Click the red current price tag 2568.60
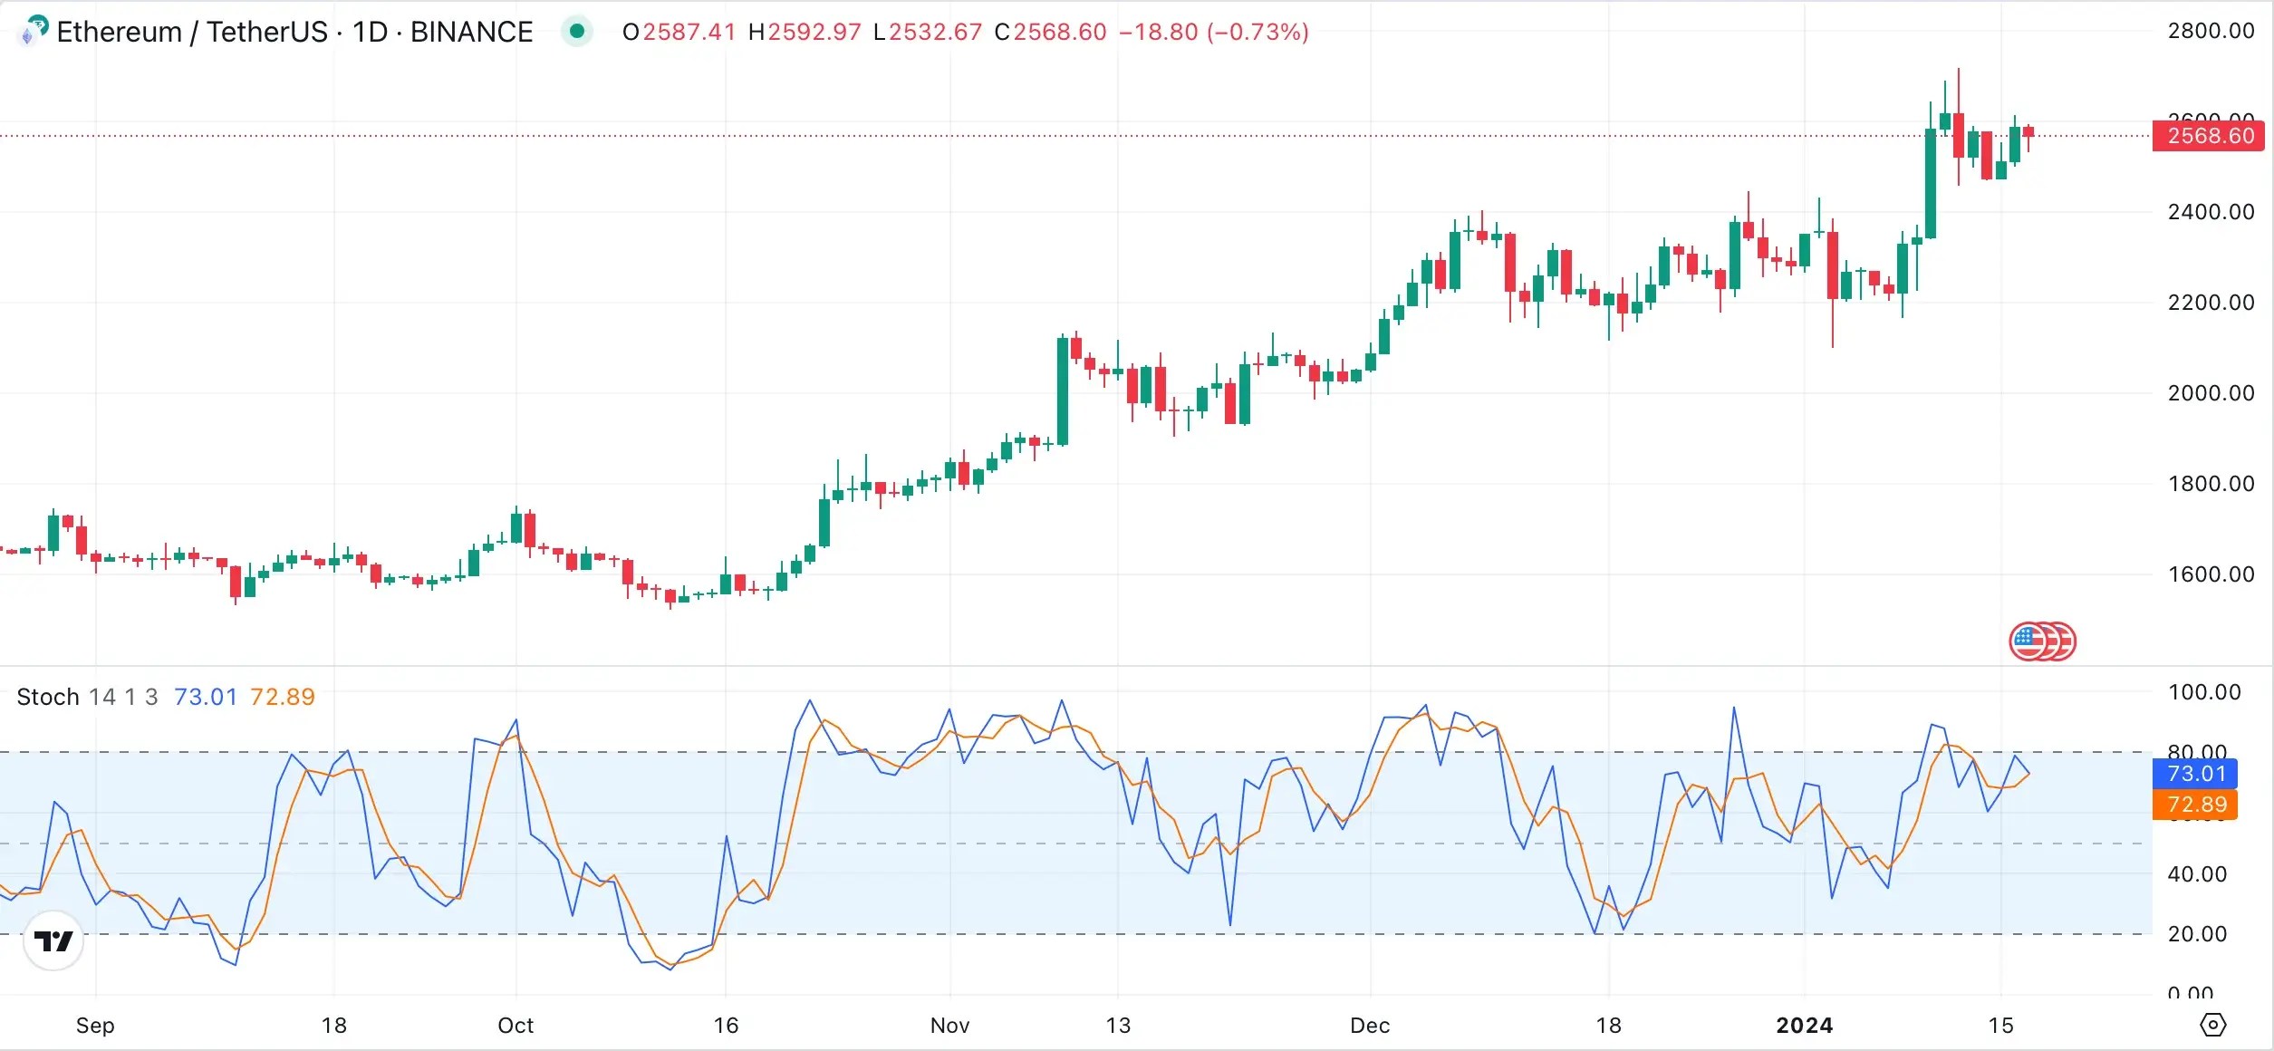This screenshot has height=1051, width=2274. pos(2210,136)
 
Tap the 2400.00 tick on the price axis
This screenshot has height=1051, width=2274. pos(2211,212)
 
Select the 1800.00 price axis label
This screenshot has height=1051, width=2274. pos(2211,484)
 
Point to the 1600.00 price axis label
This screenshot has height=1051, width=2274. pos(2211,574)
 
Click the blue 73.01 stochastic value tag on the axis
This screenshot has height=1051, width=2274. pos(2196,774)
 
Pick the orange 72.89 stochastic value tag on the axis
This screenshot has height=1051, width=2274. pos(2196,805)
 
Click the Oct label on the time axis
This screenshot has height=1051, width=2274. pos(516,1026)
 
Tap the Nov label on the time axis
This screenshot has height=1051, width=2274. pos(949,1026)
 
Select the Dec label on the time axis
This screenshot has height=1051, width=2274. pos(1370,1026)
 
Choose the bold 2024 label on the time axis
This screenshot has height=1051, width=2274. pos(1804,1026)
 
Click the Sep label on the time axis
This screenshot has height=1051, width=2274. pos(95,1026)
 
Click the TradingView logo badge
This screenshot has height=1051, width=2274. pos(53,941)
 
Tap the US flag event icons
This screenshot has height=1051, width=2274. pos(2042,641)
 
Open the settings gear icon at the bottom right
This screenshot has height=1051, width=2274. pos(2212,1025)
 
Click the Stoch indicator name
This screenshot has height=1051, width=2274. pos(48,697)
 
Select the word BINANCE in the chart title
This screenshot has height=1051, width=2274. pos(471,32)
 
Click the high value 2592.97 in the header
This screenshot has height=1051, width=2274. pos(814,32)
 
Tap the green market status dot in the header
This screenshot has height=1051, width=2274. pos(577,32)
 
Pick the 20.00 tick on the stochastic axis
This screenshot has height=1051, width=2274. pos(2197,934)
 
